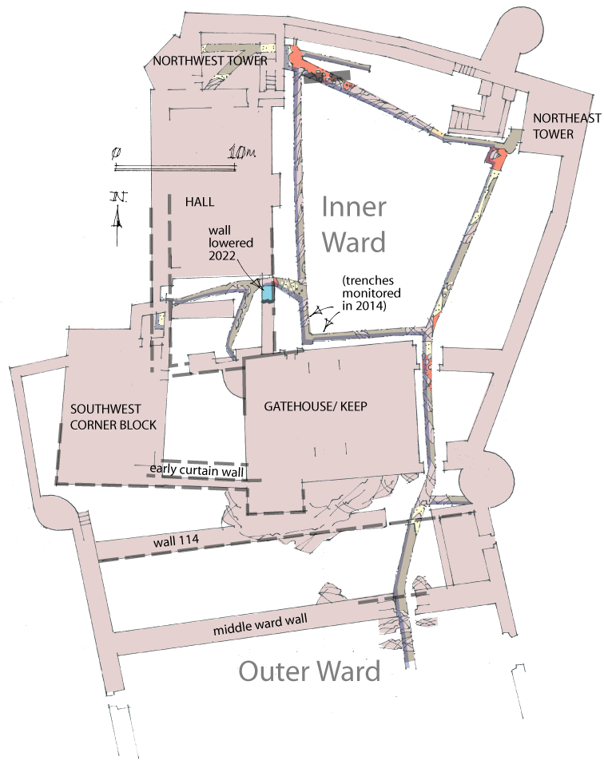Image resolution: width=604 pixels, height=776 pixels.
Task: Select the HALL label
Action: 201,203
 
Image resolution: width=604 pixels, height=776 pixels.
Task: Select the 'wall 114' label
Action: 177,542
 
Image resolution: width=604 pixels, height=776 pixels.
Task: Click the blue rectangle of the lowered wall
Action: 268,292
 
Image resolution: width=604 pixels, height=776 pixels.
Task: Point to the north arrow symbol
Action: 117,212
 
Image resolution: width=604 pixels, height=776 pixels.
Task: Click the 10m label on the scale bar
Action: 239,152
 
